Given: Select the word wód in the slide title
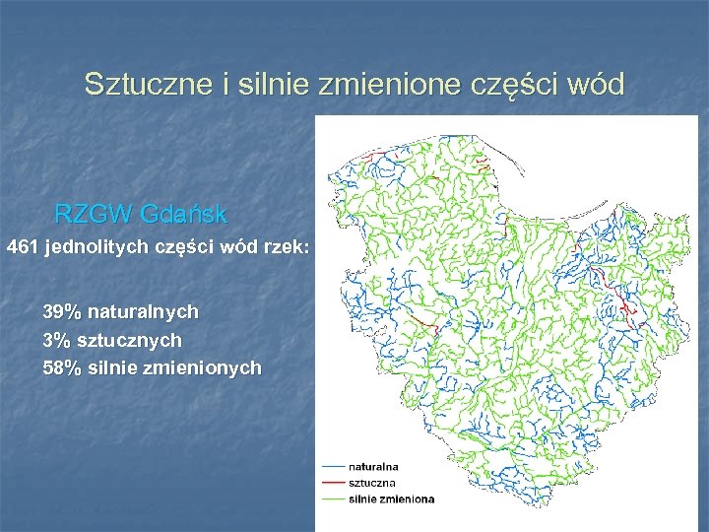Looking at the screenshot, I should [595, 85].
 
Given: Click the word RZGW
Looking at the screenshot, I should [94, 214].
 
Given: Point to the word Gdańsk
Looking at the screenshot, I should [184, 214].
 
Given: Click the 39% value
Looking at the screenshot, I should [61, 312].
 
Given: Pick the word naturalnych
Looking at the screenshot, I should [143, 312].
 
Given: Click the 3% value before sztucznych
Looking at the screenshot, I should [56, 341].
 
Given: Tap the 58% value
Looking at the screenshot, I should [61, 368].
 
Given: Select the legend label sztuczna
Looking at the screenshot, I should [369, 483].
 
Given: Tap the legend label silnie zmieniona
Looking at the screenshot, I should [391, 499].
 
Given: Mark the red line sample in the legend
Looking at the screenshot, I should [332, 483].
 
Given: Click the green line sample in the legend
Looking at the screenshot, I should [332, 499].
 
